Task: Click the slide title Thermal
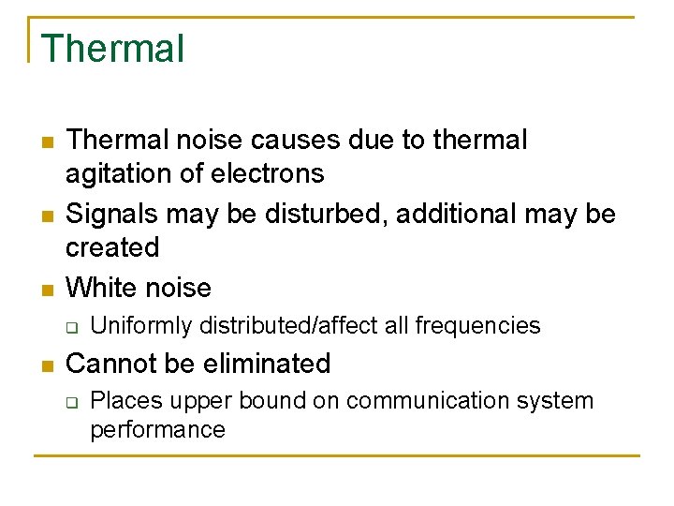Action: pos(112,49)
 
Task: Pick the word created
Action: pos(112,248)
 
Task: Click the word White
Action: pos(100,287)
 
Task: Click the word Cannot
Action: pos(110,364)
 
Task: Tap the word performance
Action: pos(157,430)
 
